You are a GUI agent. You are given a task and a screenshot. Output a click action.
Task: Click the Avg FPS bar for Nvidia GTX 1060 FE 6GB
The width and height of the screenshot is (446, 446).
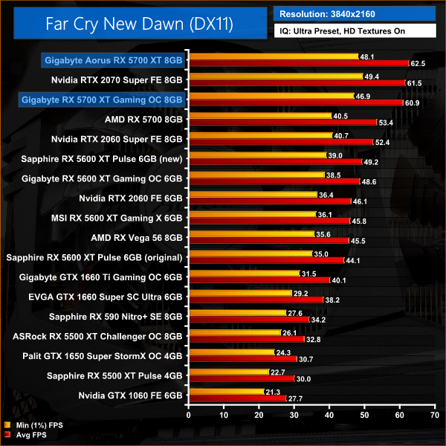(x=239, y=399)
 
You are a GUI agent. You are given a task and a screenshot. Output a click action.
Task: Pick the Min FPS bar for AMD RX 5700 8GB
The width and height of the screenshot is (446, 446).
(x=261, y=116)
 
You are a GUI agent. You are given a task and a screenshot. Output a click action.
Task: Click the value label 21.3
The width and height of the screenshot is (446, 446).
(x=272, y=392)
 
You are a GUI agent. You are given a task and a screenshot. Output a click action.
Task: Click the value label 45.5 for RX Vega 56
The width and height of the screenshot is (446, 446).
(x=358, y=241)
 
